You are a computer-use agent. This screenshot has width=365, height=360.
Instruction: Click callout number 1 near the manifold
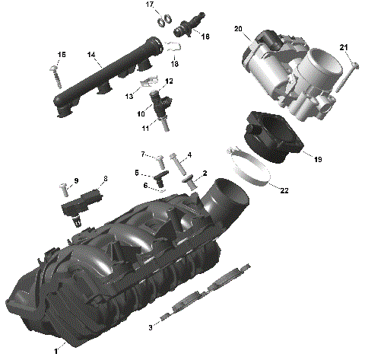point(56,351)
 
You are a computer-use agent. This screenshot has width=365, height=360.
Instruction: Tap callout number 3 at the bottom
point(151,327)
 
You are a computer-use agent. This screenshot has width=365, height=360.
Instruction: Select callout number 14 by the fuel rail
point(90,55)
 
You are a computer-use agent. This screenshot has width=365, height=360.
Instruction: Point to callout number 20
point(238,29)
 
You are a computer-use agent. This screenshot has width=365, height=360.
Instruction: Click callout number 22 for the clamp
point(284,190)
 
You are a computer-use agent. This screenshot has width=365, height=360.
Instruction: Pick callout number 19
point(318,160)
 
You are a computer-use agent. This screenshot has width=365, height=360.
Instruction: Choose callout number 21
point(344,49)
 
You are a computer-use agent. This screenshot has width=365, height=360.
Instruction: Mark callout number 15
point(62,54)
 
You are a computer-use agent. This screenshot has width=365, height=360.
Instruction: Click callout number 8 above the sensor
point(105,179)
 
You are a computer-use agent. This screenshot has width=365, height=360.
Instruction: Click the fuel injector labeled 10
point(162,106)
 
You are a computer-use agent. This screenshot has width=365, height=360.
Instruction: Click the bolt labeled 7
point(160,162)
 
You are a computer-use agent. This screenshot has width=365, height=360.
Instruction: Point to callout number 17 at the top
point(150,5)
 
